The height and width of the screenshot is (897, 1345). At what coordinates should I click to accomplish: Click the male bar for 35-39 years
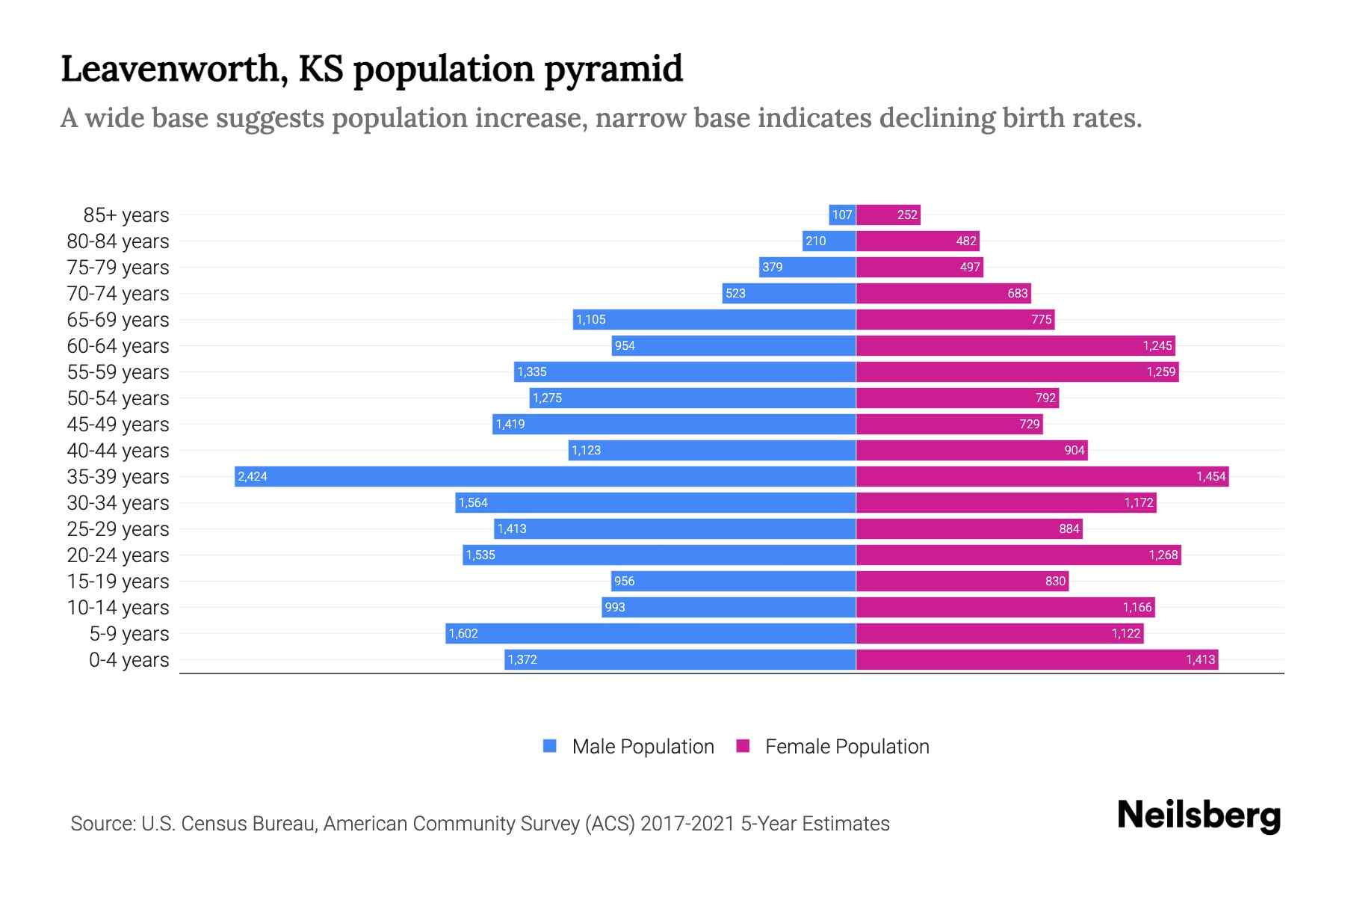[545, 476]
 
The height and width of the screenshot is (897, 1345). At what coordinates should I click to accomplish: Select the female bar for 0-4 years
[1037, 659]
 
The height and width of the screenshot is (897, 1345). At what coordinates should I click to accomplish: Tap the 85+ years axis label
[126, 215]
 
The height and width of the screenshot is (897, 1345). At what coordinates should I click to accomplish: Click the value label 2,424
[253, 476]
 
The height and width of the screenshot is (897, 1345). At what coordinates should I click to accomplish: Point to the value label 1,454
[1210, 476]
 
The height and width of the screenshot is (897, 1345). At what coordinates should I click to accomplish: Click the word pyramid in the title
[613, 70]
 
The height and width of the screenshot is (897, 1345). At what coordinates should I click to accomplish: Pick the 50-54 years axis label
[118, 398]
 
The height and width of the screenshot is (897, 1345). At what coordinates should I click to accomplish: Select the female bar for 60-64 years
[1015, 345]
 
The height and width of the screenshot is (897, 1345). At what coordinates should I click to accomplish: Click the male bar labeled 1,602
[650, 633]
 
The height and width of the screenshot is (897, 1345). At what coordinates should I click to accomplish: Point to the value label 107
[842, 215]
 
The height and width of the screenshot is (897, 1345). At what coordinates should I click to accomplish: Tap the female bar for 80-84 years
[918, 241]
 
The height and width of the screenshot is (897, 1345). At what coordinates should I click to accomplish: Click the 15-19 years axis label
[118, 582]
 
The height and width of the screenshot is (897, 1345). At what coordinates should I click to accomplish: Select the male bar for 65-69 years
[714, 319]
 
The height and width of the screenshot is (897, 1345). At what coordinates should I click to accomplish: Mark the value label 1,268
[1163, 555]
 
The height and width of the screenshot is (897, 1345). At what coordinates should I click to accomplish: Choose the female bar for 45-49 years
[949, 424]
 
